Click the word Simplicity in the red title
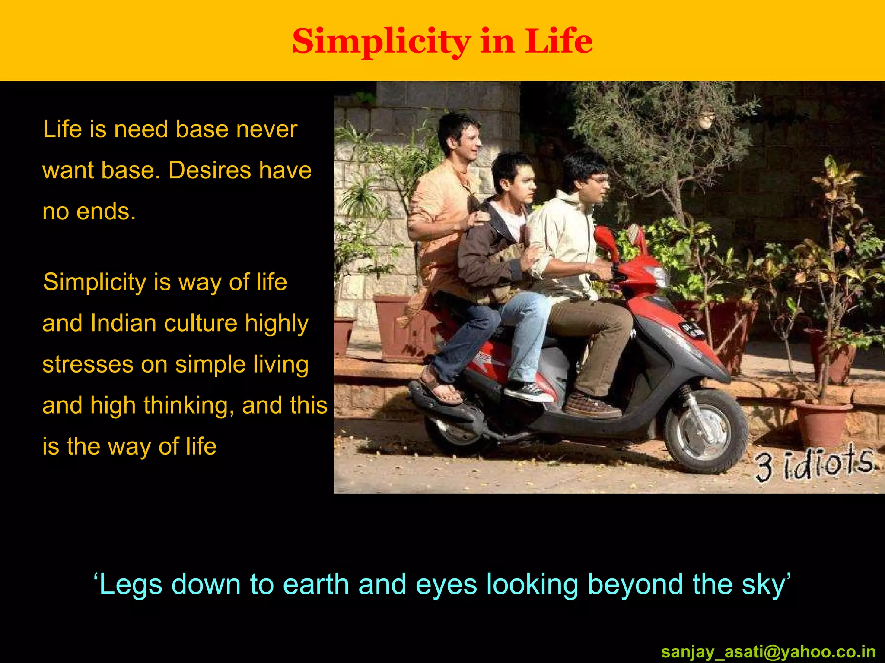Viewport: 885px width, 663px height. click(x=381, y=42)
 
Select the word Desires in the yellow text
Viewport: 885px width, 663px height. click(x=209, y=170)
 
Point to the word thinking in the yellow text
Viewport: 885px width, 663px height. click(x=188, y=405)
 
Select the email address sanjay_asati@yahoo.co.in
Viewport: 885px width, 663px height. click(x=768, y=651)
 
